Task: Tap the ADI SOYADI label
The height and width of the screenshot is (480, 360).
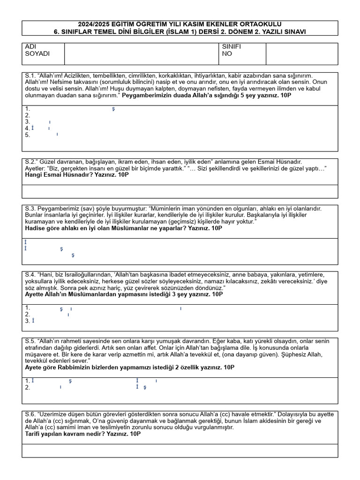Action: pyautogui.click(x=37, y=50)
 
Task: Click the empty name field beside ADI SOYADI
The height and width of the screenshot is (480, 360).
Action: pyautogui.click(x=141, y=54)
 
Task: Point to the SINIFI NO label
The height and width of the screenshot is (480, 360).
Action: pyautogui.click(x=232, y=50)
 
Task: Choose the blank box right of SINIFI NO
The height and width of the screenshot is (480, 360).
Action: pyautogui.click(x=301, y=54)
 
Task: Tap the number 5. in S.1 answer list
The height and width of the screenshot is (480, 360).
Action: pyautogui.click(x=28, y=135)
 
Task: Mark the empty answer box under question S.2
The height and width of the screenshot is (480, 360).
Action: pyautogui.click(x=180, y=191)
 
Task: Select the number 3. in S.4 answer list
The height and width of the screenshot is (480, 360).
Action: pyautogui.click(x=28, y=321)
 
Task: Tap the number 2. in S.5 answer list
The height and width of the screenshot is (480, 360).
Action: pyautogui.click(x=28, y=388)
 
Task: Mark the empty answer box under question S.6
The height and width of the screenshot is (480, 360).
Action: pyautogui.click(x=180, y=450)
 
